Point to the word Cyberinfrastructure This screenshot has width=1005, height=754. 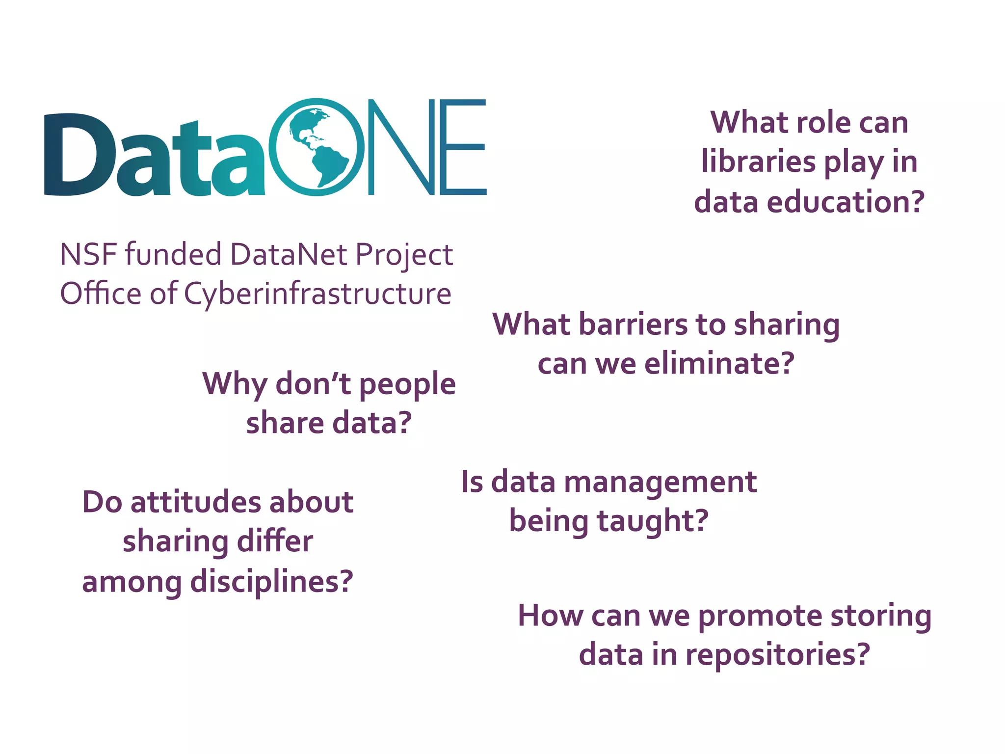[317, 295]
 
